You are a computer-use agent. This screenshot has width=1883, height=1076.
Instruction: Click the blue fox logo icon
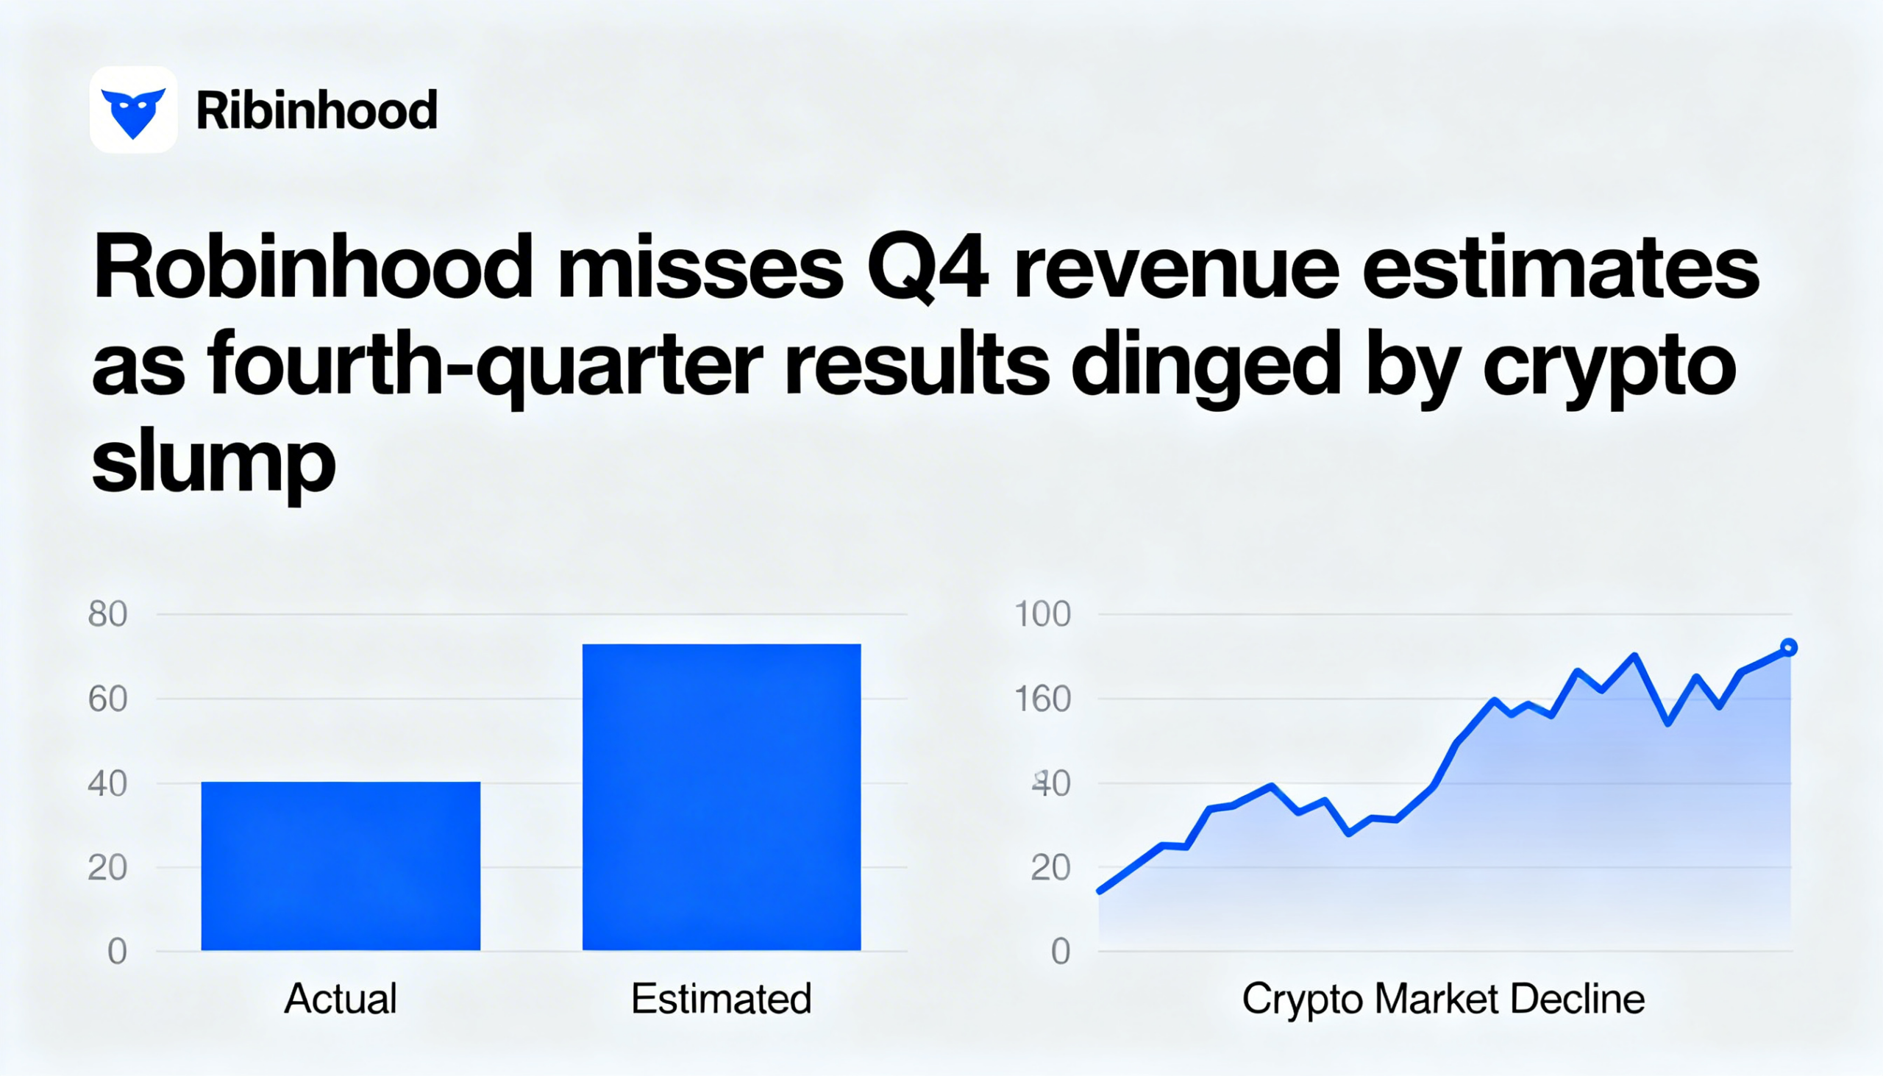click(x=133, y=111)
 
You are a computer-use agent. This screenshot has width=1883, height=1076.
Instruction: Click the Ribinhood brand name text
click(x=316, y=111)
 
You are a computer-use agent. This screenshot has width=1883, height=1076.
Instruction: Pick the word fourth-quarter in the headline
click(x=484, y=366)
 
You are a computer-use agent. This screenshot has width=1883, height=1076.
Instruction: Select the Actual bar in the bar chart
click(x=341, y=866)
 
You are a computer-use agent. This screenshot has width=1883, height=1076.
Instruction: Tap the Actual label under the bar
click(x=341, y=998)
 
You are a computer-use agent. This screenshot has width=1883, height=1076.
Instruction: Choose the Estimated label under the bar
click(x=722, y=998)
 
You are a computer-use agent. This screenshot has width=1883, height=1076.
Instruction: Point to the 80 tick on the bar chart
click(x=108, y=614)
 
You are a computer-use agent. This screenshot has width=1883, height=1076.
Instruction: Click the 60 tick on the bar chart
click(x=108, y=699)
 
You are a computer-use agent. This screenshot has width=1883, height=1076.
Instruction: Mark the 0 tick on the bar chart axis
click(x=118, y=952)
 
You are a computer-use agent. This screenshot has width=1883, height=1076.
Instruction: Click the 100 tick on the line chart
click(x=1042, y=614)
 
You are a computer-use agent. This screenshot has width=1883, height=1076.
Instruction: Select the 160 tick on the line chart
click(x=1042, y=699)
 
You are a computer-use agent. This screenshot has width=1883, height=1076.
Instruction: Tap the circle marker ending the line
click(x=1788, y=647)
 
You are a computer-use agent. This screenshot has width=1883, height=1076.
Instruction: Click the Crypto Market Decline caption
click(x=1443, y=998)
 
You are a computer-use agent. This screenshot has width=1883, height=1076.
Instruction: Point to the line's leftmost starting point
click(x=1100, y=891)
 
